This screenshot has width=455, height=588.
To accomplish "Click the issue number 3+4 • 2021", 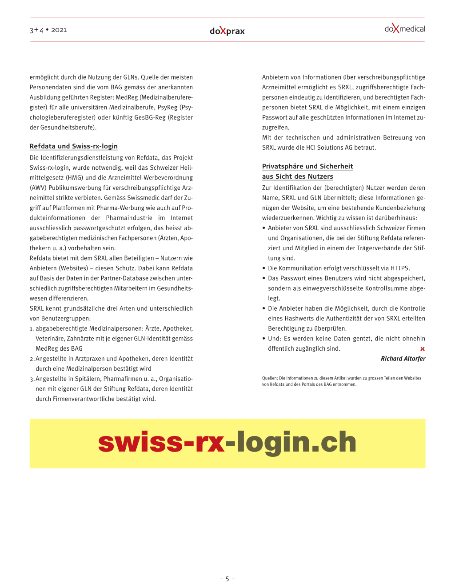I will pyautogui.click(x=48, y=30).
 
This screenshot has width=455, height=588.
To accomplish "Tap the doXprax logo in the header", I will pyautogui.click(x=227, y=31).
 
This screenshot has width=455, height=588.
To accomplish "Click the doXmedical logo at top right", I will pyautogui.click(x=404, y=29).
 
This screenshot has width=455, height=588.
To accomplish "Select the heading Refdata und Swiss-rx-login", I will pyautogui.click(x=74, y=146).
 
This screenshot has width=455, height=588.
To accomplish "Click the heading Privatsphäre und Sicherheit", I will pyautogui.click(x=307, y=166).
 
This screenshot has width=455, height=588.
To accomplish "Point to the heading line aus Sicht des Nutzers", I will pyautogui.click(x=297, y=176).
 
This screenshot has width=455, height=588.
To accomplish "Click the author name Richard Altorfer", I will pyautogui.click(x=403, y=359).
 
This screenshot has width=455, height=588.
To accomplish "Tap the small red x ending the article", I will pyautogui.click(x=422, y=349).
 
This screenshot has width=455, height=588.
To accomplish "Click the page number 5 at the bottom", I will pyautogui.click(x=227, y=579).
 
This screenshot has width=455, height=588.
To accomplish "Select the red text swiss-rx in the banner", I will pyautogui.click(x=161, y=442).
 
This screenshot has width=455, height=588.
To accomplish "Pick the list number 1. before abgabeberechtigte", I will pyautogui.click(x=32, y=328).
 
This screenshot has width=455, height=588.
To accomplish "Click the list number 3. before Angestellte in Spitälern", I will pyautogui.click(x=32, y=379).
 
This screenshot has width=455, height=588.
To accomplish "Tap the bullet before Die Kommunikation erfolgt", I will pyautogui.click(x=264, y=268).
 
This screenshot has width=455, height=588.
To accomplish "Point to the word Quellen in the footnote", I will pyautogui.click(x=269, y=378).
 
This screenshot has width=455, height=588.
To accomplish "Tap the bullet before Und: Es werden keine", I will pyautogui.click(x=264, y=339).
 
